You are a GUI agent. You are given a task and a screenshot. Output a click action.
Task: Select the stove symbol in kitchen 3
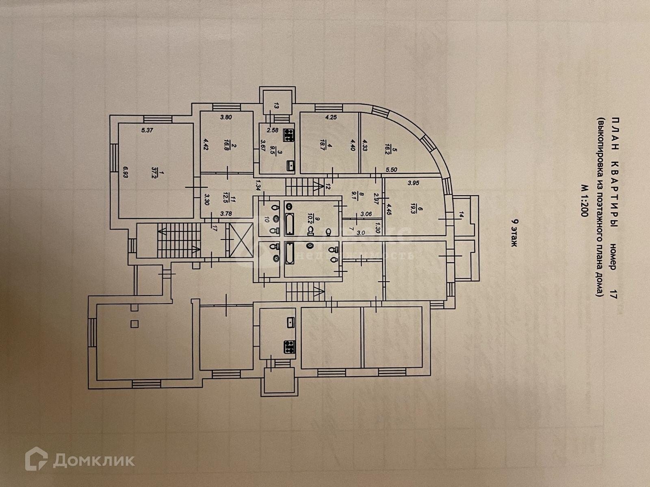pyautogui.click(x=289, y=135)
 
